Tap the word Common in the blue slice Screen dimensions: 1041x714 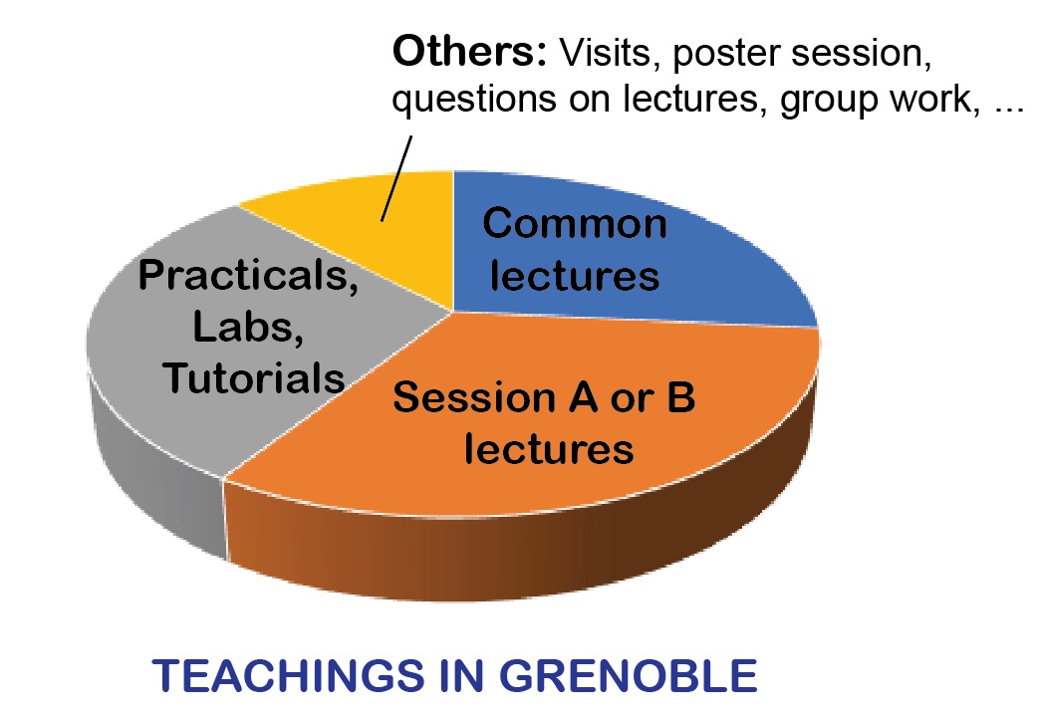[575, 223]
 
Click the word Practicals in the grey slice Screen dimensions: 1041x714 [248, 275]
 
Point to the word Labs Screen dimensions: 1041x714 [248, 327]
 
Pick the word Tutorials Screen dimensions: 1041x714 [254, 378]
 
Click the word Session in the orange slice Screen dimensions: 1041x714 [474, 397]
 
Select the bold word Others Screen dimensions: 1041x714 [469, 51]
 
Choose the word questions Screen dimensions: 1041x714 [474, 101]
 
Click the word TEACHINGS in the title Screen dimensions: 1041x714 [288, 675]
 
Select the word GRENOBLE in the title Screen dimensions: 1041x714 [628, 675]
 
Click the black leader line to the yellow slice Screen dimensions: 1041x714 [396, 178]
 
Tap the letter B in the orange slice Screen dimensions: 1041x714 [680, 397]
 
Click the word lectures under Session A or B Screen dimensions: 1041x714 [548, 448]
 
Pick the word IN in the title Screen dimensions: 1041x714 [461, 675]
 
